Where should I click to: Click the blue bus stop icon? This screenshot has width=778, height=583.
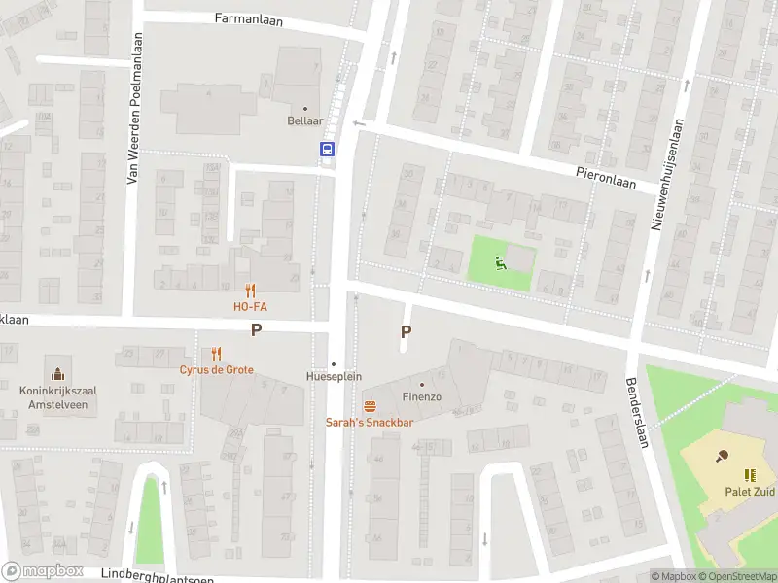[x=328, y=149]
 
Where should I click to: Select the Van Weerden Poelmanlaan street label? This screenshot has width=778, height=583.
[x=136, y=108]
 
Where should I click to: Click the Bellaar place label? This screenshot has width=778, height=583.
[x=305, y=121]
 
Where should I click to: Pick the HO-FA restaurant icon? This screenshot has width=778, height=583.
[x=250, y=290]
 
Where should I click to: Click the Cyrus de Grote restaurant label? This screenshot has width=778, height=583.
[x=216, y=369]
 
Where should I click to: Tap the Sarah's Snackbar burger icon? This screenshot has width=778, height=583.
[x=370, y=405]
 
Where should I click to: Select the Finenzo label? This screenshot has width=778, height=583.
[x=422, y=396]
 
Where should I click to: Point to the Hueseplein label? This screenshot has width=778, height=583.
[x=334, y=376]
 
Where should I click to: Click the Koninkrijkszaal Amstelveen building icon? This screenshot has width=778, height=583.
[x=57, y=374]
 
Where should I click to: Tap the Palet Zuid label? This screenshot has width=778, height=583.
[x=750, y=491]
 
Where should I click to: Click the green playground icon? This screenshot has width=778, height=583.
[x=500, y=261]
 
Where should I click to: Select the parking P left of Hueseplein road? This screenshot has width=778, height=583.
[x=257, y=330]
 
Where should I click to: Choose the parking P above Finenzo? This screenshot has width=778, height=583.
[x=407, y=331]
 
